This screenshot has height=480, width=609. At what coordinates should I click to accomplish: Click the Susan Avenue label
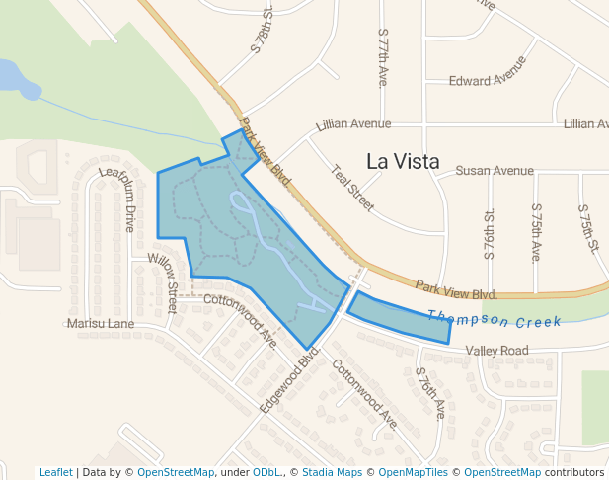tap(494, 171)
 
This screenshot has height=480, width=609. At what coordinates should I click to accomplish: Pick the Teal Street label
tap(352, 188)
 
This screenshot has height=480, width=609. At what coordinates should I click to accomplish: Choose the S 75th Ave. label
tap(536, 233)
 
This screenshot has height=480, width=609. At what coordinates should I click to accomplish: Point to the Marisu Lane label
tap(101, 323)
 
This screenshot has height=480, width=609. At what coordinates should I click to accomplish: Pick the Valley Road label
tap(497, 351)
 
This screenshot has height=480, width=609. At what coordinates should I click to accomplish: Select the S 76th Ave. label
tap(431, 394)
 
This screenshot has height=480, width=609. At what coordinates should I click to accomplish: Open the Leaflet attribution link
tap(56, 473)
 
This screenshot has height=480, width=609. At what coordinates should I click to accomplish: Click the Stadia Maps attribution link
tap(326, 473)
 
